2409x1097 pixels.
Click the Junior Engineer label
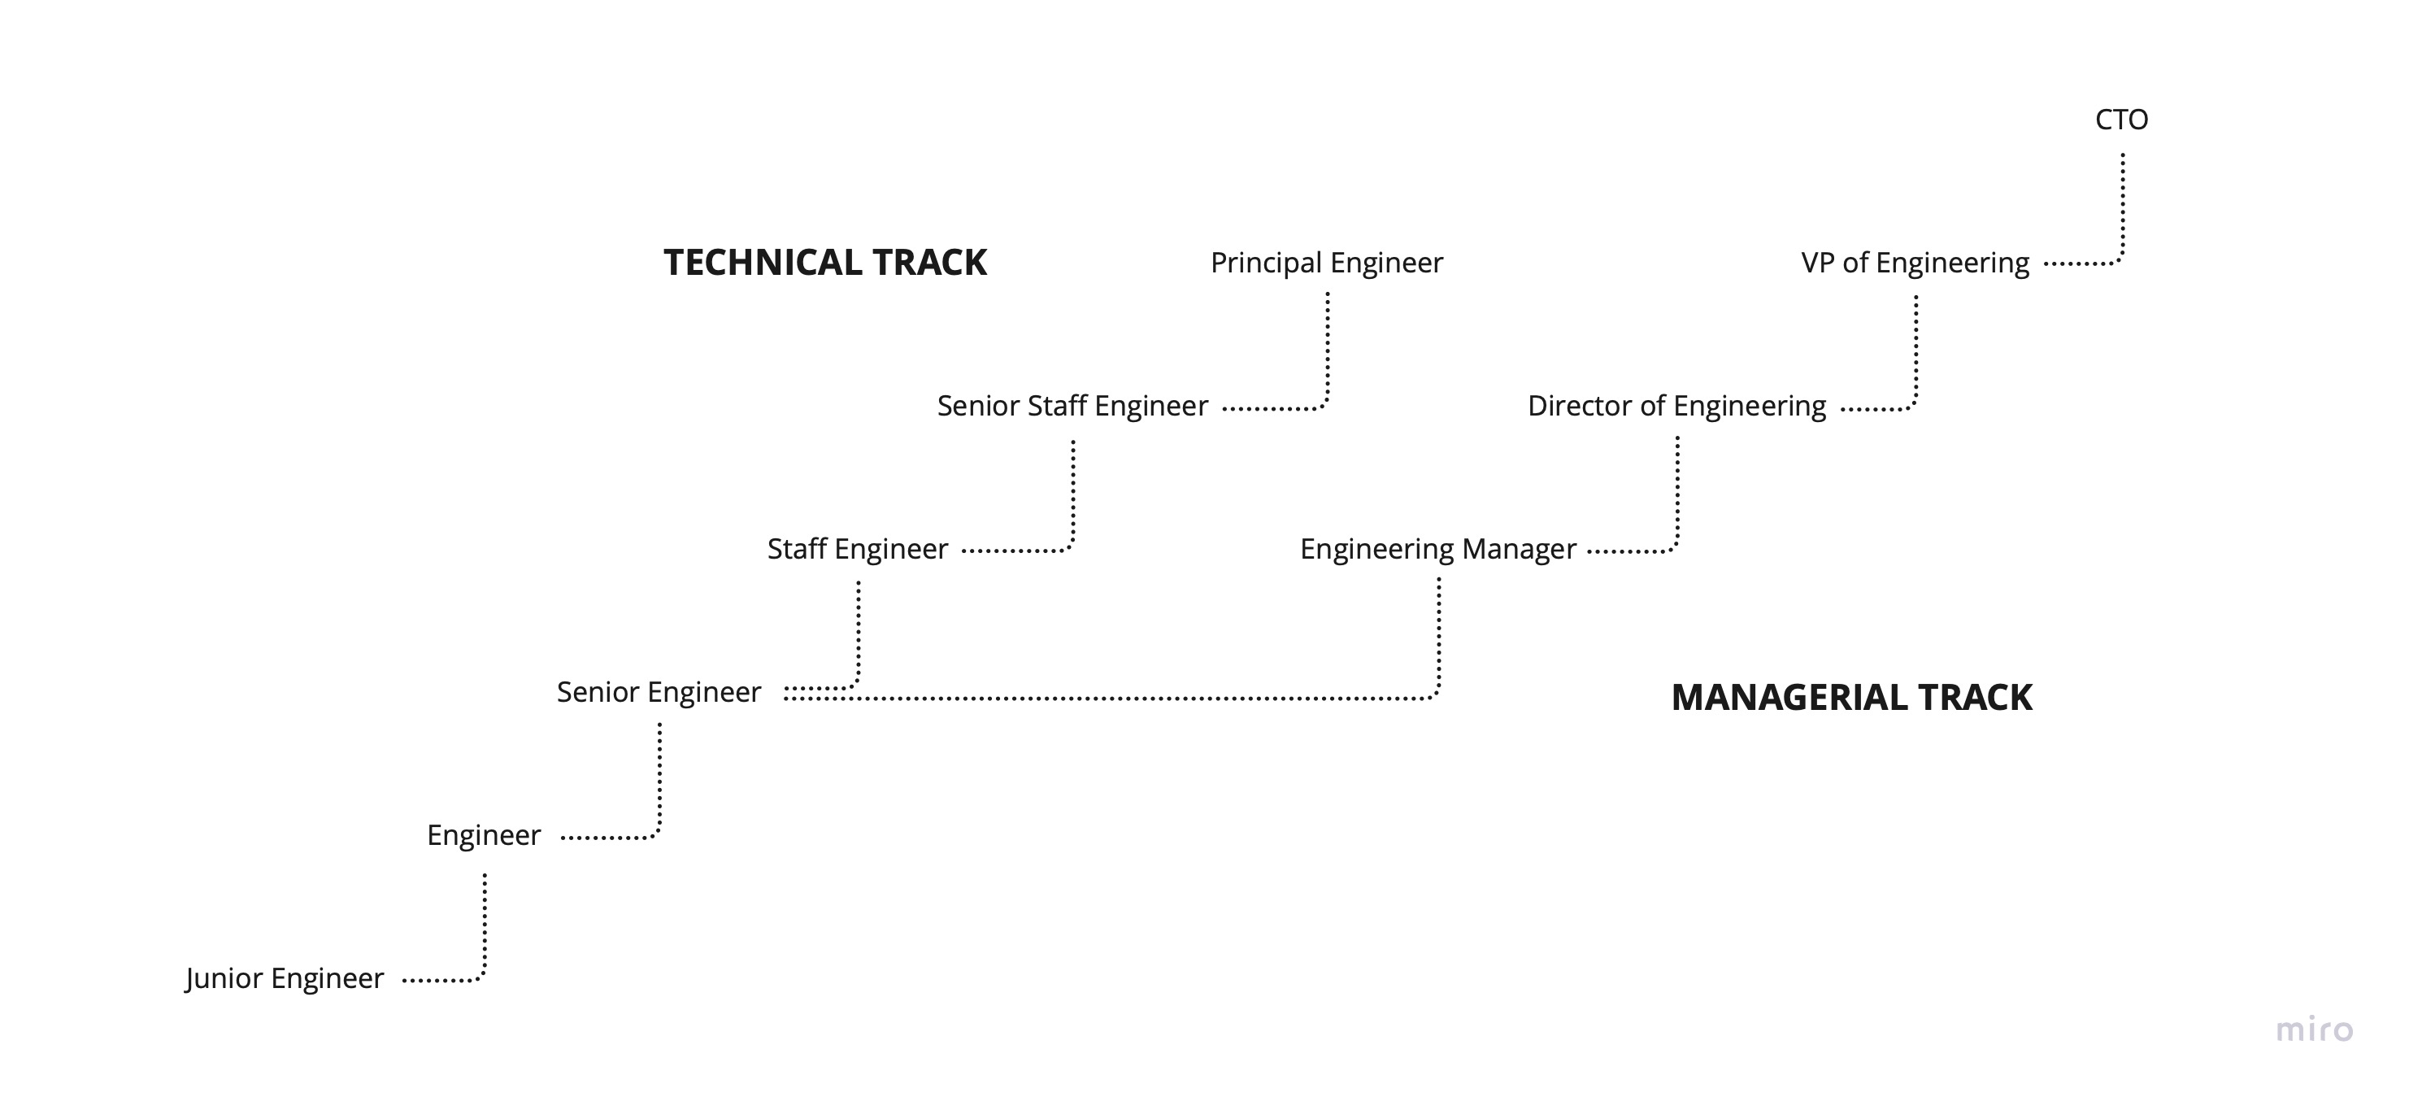(x=285, y=978)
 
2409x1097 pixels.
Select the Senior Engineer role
(x=659, y=692)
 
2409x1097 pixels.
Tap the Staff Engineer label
(x=858, y=549)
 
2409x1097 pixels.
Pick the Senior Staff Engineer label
(x=1072, y=406)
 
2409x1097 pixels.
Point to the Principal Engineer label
(x=1326, y=263)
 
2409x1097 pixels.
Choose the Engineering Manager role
(x=1437, y=549)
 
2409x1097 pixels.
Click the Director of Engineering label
(x=1676, y=406)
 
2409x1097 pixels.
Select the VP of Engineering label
(x=1915, y=263)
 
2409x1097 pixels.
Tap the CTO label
(x=2121, y=120)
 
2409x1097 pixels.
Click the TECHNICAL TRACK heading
(x=825, y=263)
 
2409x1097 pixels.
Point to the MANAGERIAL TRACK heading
(x=1851, y=698)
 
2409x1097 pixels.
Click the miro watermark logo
(x=2314, y=1030)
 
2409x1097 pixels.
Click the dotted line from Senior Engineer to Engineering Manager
(x=1122, y=699)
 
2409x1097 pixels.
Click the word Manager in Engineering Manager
(x=1519, y=549)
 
